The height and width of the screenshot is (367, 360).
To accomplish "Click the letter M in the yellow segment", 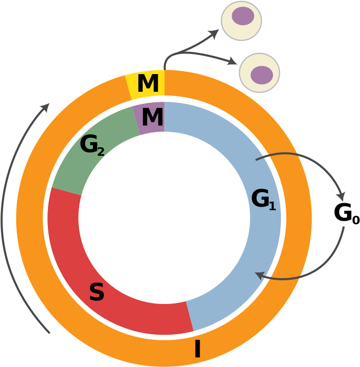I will (x=148, y=84).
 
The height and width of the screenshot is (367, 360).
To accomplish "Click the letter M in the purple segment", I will (x=152, y=118).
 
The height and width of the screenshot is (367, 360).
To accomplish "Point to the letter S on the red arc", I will (x=96, y=293).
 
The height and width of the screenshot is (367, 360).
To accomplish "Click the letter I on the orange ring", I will (x=197, y=349).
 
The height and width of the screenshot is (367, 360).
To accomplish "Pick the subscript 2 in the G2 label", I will (x=101, y=152).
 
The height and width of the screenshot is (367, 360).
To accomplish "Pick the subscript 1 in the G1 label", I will (x=272, y=206).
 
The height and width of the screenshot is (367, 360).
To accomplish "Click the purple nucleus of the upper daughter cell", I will (x=243, y=16).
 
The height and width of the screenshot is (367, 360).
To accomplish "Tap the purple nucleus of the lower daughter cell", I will (x=262, y=75).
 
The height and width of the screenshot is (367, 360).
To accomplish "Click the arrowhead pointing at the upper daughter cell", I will (x=215, y=34).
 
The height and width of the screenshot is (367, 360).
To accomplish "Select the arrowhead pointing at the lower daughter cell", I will (x=232, y=62).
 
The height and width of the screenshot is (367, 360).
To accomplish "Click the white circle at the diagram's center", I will (x=164, y=218).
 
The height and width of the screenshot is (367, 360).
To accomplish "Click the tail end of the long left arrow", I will (x=49, y=332).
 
